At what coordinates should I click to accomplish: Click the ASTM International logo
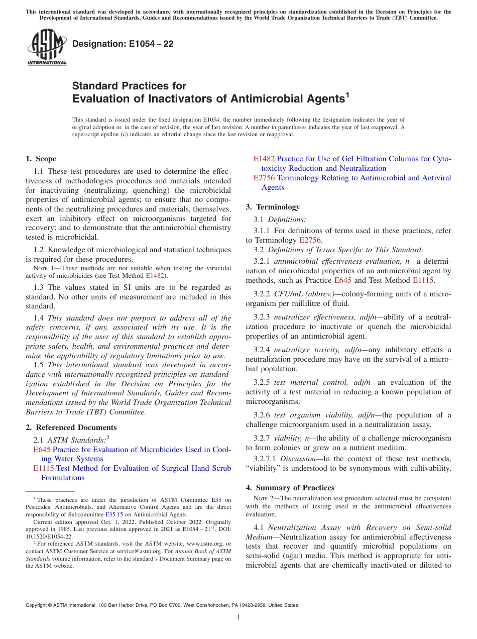[47, 47]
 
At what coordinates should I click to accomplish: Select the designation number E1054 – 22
[123, 44]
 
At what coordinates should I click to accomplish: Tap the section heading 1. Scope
[41, 159]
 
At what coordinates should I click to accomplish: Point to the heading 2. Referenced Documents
[71, 428]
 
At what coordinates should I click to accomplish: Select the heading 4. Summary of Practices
[290, 488]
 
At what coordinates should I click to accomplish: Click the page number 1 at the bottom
[238, 617]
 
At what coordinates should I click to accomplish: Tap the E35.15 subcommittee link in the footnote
[114, 514]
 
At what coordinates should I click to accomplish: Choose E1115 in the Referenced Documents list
[44, 468]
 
